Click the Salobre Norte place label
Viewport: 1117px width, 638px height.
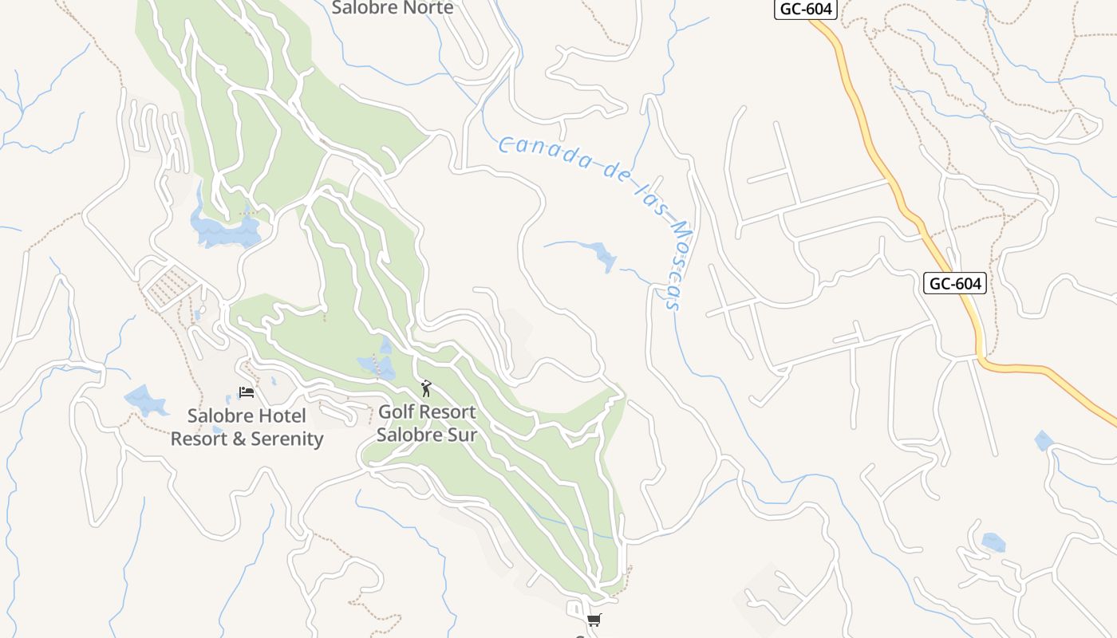tap(393, 8)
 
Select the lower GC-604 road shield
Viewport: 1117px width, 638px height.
tap(955, 283)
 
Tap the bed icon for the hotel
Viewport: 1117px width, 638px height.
tap(247, 392)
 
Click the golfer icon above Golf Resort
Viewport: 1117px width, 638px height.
tap(426, 388)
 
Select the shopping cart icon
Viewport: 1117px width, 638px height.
tap(593, 620)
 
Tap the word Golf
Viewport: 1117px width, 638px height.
tap(397, 412)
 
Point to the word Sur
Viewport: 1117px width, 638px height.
tap(460, 435)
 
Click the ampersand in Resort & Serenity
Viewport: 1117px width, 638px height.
tap(239, 439)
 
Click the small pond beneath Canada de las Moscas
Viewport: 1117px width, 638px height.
tap(603, 255)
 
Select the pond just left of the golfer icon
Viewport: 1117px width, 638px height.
tap(378, 364)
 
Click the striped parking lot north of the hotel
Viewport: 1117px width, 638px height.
tap(170, 286)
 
